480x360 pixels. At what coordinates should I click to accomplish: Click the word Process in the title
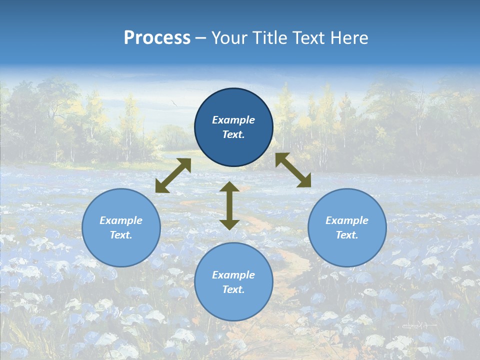157,38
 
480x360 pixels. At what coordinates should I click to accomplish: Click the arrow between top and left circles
173,175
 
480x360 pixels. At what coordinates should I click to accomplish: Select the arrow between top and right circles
293,170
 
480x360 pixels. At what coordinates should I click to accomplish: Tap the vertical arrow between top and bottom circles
229,205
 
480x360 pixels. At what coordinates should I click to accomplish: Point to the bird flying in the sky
174,103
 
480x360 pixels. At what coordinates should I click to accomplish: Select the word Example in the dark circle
233,120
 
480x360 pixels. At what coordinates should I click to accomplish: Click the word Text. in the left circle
121,235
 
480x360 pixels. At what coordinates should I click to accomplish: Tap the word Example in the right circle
347,220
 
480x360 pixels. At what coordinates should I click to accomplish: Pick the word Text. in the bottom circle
233,289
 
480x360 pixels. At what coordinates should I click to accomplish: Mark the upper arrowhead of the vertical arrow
229,187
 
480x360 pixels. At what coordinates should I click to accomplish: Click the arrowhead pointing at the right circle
303,180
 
